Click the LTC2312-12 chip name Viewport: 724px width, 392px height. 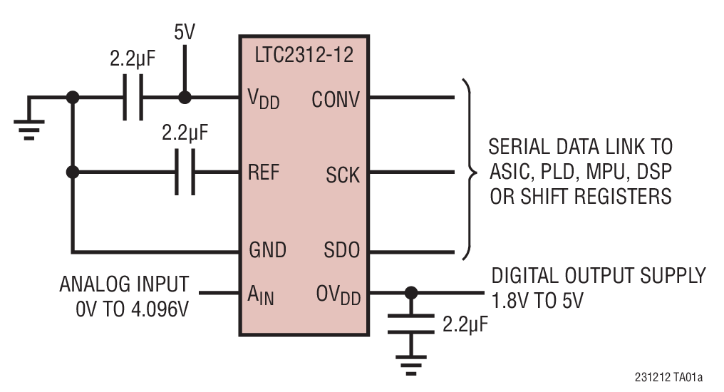click(304, 55)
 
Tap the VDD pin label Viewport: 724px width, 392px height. click(264, 99)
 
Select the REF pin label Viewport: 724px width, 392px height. click(264, 172)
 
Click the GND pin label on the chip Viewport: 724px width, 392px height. click(267, 250)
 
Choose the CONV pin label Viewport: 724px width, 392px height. click(336, 99)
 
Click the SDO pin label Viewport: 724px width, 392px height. click(341, 250)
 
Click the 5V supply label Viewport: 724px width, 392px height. click(185, 33)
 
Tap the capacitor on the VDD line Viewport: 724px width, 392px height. click(132, 98)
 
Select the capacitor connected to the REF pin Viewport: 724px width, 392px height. click(185, 172)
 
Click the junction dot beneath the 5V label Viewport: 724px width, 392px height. click(185, 98)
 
